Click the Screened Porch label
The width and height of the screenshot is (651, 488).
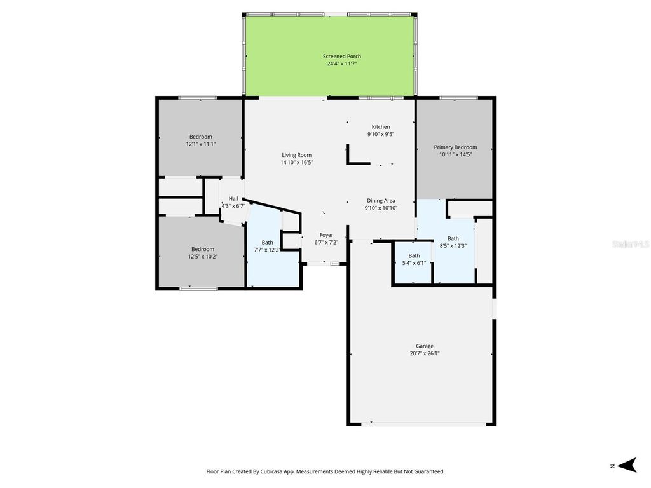(x=341, y=56)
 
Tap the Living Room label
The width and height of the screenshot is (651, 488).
(x=296, y=155)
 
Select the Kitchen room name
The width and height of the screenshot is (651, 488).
(x=381, y=127)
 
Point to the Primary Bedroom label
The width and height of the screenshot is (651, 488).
(x=455, y=147)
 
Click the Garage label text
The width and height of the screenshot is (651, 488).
(x=425, y=346)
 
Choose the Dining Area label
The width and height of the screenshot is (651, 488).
(x=381, y=200)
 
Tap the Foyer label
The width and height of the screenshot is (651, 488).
(x=326, y=235)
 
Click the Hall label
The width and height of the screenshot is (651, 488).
(x=233, y=198)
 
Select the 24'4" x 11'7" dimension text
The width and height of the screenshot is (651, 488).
(x=342, y=64)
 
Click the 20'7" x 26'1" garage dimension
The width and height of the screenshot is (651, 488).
(x=425, y=353)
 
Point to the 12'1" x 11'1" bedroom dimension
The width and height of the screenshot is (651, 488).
(x=201, y=144)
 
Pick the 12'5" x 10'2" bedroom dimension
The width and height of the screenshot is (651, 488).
(x=203, y=257)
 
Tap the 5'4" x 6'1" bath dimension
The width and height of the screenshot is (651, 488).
(x=414, y=263)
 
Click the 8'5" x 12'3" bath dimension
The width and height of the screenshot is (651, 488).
(x=453, y=246)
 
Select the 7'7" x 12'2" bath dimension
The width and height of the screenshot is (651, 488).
(x=267, y=250)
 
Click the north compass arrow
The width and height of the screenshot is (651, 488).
(x=627, y=465)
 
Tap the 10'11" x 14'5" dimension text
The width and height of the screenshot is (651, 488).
(x=455, y=154)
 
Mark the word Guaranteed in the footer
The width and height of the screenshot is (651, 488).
(x=430, y=471)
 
